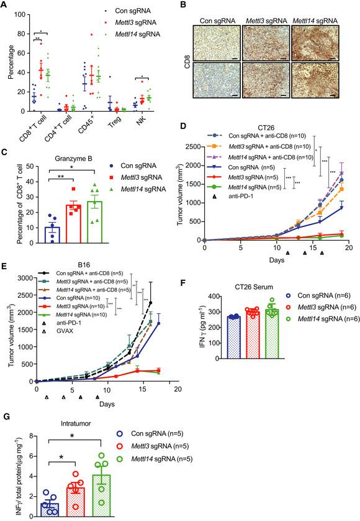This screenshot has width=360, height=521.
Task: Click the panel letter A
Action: pyautogui.click(x=5, y=5)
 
